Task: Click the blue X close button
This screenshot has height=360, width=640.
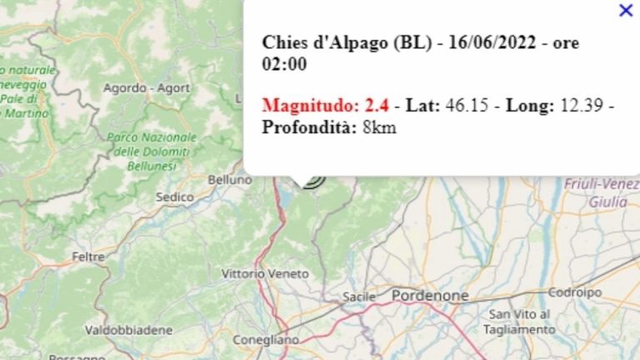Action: pyautogui.click(x=626, y=10)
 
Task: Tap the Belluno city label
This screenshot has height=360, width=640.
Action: pyautogui.click(x=230, y=179)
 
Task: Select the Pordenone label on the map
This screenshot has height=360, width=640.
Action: pyautogui.click(x=430, y=296)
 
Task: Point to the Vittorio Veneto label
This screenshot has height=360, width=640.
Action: pyautogui.click(x=265, y=273)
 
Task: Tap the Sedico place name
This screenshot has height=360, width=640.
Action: pyautogui.click(x=175, y=197)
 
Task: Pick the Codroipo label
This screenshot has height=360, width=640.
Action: pyautogui.click(x=575, y=292)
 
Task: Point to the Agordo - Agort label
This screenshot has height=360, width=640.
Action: pyautogui.click(x=146, y=87)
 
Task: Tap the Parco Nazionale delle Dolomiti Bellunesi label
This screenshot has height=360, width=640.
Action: pyautogui.click(x=152, y=152)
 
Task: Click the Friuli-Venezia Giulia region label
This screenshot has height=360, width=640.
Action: pyautogui.click(x=602, y=192)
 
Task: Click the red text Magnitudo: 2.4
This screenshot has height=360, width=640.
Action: pyautogui.click(x=326, y=106)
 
